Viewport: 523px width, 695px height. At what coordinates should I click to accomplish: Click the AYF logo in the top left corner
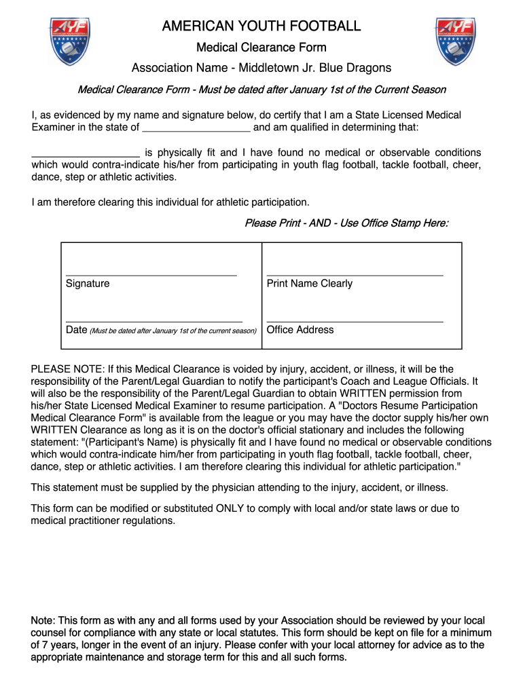pos(69,41)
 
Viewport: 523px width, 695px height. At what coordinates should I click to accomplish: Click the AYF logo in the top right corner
pos(454,41)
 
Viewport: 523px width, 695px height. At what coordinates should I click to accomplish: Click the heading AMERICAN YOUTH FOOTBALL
pos(261,26)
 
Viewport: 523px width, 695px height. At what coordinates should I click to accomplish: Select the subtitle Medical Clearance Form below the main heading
pos(261,48)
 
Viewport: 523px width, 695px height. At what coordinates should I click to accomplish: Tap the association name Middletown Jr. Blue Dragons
pos(310,68)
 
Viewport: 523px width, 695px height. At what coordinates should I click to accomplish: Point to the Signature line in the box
pos(151,274)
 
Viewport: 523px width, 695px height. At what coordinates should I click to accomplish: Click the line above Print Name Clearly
pos(355,274)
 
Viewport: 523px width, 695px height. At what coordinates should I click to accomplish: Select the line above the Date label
pos(154,320)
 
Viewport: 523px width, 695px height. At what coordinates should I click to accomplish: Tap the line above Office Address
pos(355,320)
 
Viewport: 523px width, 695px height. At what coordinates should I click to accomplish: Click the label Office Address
pos(300,330)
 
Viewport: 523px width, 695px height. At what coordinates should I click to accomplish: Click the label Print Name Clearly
pos(310,284)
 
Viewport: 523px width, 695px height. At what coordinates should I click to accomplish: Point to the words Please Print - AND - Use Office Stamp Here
pos(346,223)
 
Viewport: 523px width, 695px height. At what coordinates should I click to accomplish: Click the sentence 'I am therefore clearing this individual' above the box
pos(170,202)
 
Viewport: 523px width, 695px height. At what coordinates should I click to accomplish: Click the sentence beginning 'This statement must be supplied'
pos(240,488)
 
